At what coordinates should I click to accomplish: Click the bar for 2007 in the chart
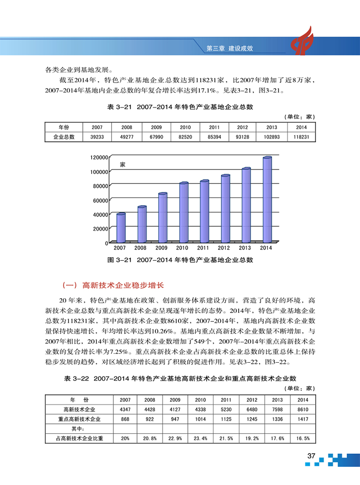coord(121,228)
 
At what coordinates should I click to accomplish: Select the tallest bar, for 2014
coord(267,199)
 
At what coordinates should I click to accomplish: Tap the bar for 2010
coord(183,212)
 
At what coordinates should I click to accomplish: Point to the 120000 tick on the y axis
coord(99,157)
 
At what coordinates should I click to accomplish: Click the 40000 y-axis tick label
coord(101,214)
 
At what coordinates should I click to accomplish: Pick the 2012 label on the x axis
coord(224,248)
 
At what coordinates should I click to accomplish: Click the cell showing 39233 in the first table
coord(97,137)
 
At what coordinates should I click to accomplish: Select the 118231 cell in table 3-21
coord(301,137)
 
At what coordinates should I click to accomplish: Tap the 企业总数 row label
coord(64,137)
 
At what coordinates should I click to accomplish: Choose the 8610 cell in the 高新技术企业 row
coord(303,409)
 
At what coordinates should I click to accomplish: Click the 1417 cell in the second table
coord(303,419)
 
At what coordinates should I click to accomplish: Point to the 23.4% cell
coord(200,438)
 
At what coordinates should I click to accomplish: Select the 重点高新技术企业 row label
coord(79,419)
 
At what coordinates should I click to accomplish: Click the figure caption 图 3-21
coord(180,259)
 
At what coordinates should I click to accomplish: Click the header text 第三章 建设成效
coord(232,49)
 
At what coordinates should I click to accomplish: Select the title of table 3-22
coord(180,379)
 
